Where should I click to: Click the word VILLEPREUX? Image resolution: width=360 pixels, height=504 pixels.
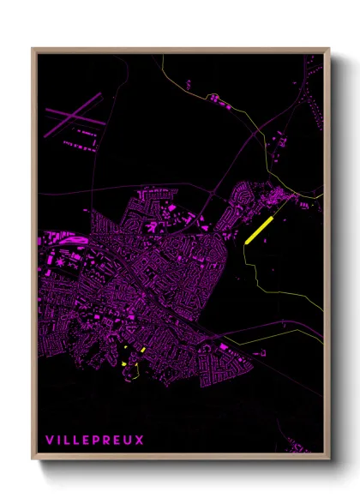(x=94, y=441)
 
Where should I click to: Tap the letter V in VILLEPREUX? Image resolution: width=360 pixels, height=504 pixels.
(x=49, y=441)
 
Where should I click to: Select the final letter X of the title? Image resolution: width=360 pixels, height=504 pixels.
(x=140, y=441)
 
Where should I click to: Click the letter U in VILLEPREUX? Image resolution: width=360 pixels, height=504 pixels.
(x=129, y=441)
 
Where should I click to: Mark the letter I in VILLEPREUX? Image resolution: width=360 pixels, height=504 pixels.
(x=58, y=441)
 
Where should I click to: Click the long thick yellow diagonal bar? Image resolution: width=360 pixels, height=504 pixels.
(x=258, y=231)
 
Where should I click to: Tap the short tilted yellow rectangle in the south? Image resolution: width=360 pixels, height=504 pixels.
(x=142, y=350)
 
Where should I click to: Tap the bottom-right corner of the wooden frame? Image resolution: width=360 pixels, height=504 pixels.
(x=329, y=459)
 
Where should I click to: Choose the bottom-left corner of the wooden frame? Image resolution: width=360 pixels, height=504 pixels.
(x=33, y=459)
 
